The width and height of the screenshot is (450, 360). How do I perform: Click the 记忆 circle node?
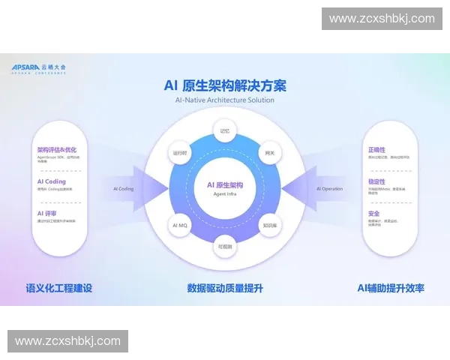point(225,131)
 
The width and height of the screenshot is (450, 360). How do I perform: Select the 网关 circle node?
point(269,153)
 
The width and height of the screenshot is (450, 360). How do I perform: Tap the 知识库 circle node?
point(269,224)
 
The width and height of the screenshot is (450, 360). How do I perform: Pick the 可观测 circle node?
point(225,245)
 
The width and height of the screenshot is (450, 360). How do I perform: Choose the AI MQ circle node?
point(180,224)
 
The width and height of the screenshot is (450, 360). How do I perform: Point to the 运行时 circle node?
point(180,153)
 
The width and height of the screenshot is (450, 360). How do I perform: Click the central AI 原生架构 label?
point(225,184)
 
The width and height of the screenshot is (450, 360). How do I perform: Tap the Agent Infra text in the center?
point(225,194)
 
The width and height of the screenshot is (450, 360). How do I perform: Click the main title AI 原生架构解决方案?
point(225,85)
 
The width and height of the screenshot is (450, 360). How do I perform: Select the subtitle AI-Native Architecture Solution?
point(225,100)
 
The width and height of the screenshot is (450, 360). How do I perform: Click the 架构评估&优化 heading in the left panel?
point(57,149)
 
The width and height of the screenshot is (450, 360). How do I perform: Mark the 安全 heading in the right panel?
point(373,214)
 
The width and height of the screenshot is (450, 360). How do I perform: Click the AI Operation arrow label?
point(329,189)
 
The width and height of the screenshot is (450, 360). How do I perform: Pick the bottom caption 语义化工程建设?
point(59,287)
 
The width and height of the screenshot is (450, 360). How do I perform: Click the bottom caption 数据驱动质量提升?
point(225,287)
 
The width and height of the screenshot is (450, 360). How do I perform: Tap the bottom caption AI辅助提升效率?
point(391,287)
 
